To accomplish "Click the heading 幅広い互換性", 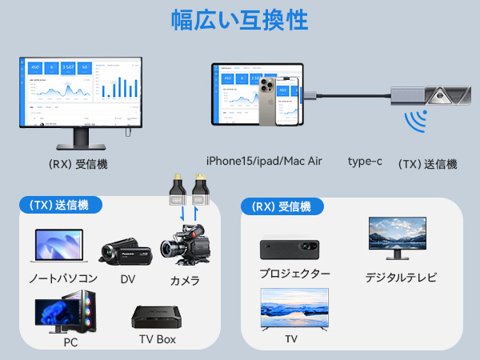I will click(x=240, y=19).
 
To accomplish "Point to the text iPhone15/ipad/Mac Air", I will click(x=263, y=162).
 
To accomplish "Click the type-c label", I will click(x=365, y=162).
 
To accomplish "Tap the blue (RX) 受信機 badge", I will click(x=282, y=207).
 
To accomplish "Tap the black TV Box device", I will click(x=157, y=317).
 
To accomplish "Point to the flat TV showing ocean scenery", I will click(x=294, y=308).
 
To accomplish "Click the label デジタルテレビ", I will click(x=402, y=278).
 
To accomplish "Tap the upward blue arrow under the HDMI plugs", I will click(x=194, y=214).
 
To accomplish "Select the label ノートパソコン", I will click(x=63, y=278).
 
